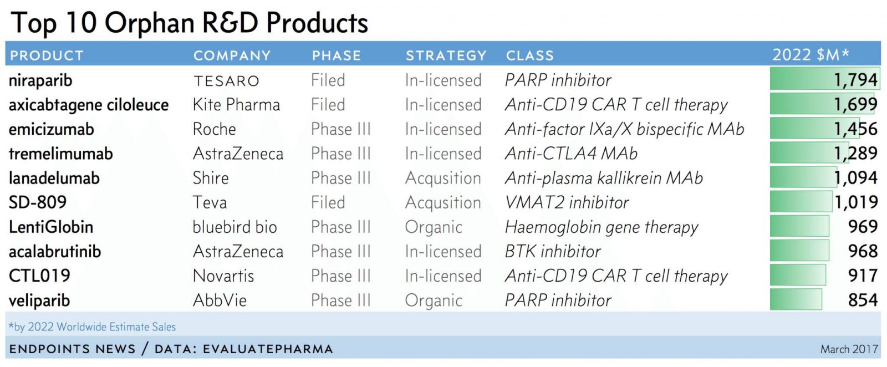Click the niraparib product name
(40, 80)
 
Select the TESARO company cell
(226, 81)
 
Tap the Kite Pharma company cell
(236, 105)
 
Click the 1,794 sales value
(855, 80)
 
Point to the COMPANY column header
(232, 55)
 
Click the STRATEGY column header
(446, 55)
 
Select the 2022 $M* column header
(810, 54)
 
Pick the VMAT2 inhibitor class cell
(567, 202)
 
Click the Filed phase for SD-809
(328, 202)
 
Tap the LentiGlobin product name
(50, 227)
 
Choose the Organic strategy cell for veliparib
(433, 300)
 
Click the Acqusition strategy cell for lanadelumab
(443, 178)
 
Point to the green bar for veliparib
(796, 299)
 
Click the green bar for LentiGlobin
(799, 226)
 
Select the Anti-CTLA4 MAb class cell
(571, 154)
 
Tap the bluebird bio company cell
(235, 227)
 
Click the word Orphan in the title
(150, 23)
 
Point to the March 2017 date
(849, 349)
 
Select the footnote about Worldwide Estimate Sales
(92, 327)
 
